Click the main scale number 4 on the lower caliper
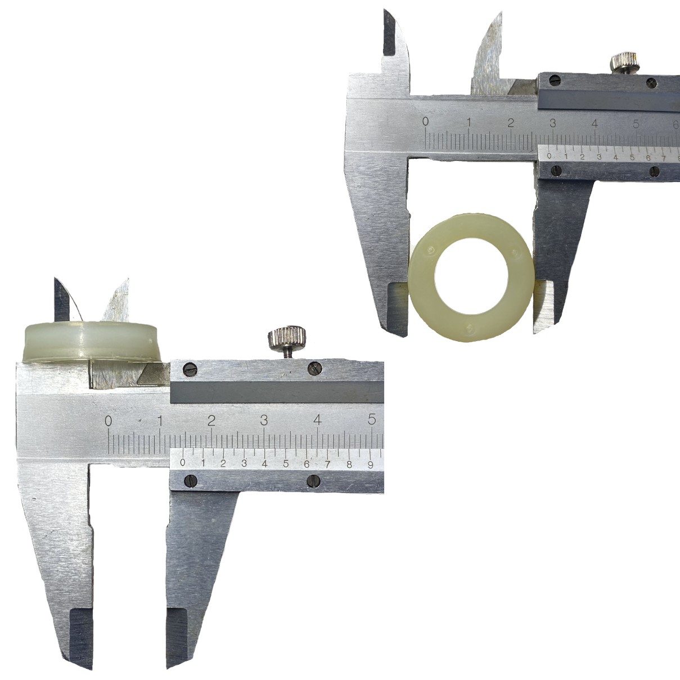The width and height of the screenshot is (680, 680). tap(317, 420)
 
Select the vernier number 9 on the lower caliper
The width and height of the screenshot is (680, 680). tap(370, 464)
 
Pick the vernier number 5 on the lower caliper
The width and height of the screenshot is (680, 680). tap(286, 463)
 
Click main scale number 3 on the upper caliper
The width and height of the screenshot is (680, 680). tap(553, 123)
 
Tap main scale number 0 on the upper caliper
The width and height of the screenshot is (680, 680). tap(426, 121)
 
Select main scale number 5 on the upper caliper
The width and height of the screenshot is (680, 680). tap(636, 125)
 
